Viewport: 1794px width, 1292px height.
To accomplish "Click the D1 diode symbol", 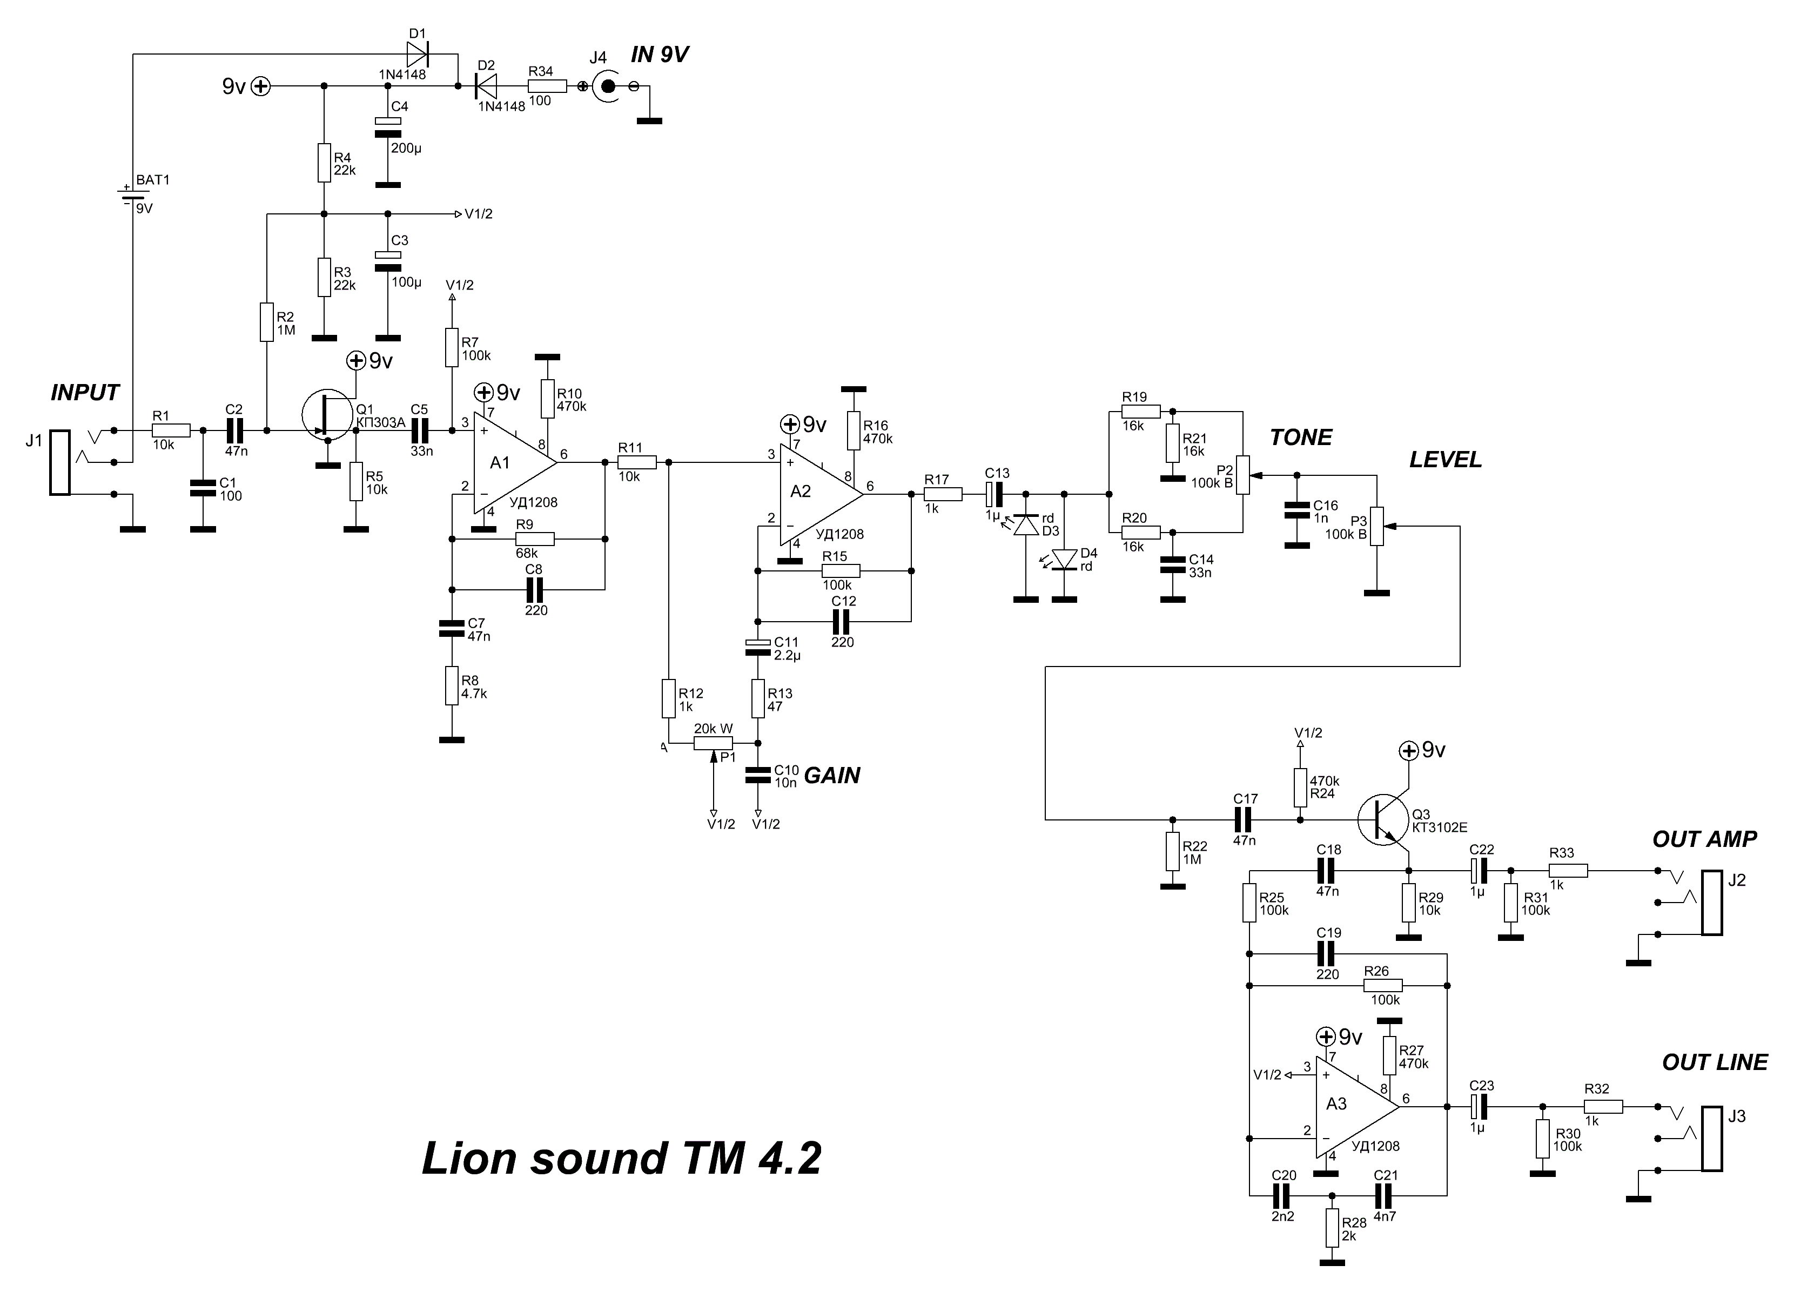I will pos(417,54).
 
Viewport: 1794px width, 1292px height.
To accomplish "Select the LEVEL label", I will pos(1445,460).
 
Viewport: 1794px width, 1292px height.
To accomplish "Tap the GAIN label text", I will pos(831,776).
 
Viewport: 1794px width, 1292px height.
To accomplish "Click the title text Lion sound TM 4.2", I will pos(622,1159).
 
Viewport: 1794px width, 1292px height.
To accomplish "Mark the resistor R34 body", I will pos(547,86).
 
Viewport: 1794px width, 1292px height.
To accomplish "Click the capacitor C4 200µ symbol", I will pos(388,126).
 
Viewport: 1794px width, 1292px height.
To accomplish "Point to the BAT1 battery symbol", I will pos(126,194).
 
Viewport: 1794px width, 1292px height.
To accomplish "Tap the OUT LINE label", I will pos(1714,1062).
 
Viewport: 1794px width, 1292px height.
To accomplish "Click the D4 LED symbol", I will pos(1065,560).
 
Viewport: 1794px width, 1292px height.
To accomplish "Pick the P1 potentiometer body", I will pos(714,743).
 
